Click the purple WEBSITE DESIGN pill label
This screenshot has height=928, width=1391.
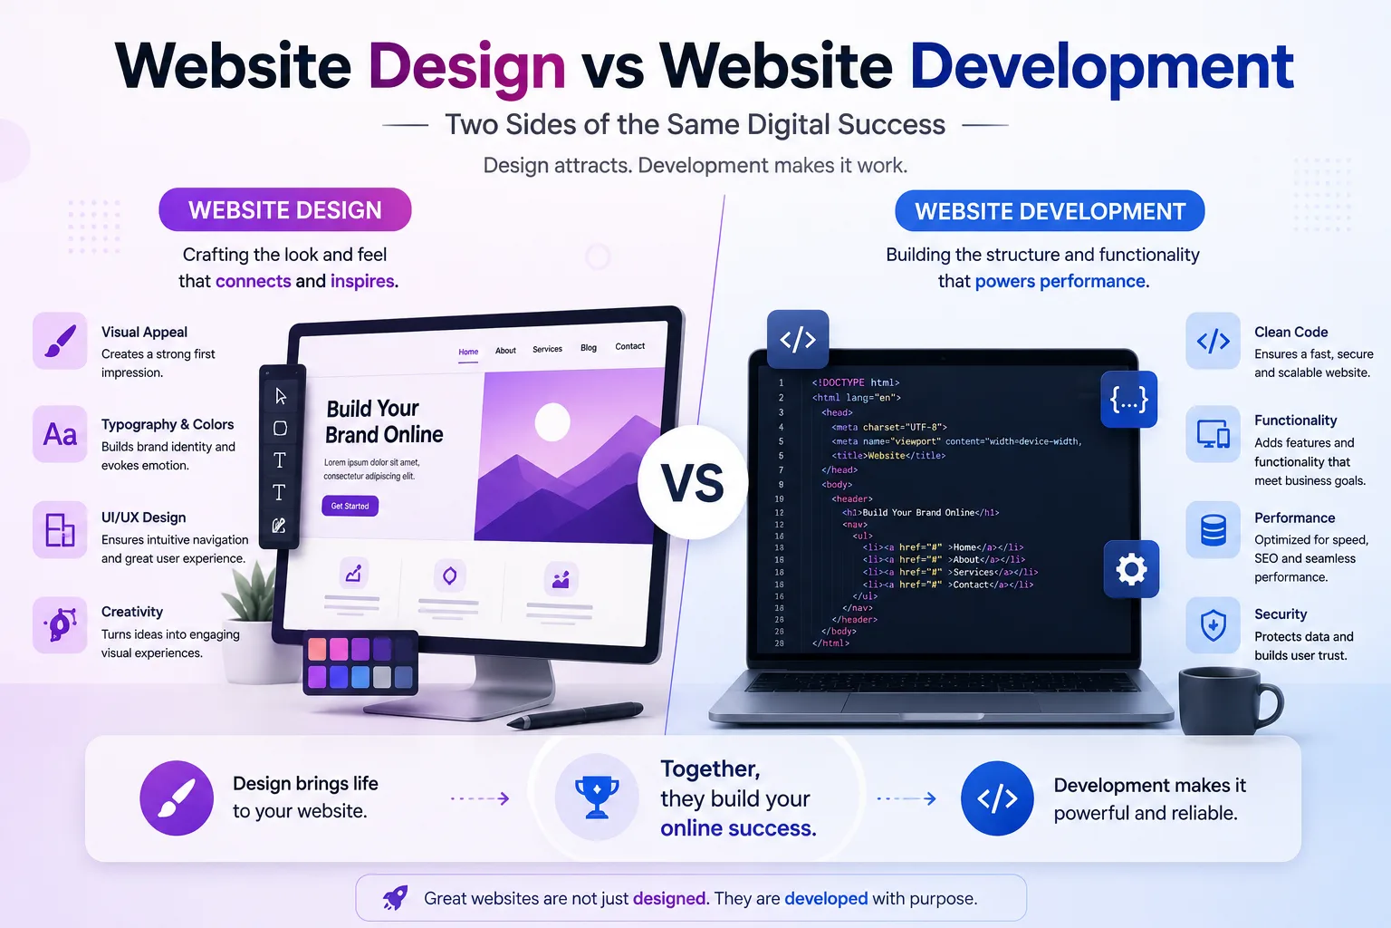(285, 210)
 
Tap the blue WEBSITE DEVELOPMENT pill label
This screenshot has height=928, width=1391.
(1050, 211)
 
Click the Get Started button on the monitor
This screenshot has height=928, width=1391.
(350, 506)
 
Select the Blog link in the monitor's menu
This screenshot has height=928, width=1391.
(588, 347)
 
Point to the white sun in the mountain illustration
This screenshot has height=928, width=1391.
(552, 421)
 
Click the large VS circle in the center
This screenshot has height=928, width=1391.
(693, 482)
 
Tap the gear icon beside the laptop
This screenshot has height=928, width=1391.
(1131, 569)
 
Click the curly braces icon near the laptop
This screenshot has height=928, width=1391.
(1128, 399)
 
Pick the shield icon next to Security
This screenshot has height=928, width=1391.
(1213, 625)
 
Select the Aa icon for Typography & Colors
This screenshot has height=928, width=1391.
(61, 434)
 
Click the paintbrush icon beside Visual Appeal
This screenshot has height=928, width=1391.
(61, 341)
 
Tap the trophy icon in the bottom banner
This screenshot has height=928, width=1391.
(597, 797)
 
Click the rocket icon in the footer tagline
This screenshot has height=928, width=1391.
(395, 897)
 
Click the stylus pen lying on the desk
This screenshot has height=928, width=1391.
(575, 715)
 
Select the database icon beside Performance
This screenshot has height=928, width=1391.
(1213, 530)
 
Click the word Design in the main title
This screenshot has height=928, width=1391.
(467, 67)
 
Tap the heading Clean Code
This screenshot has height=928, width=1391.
(1291, 332)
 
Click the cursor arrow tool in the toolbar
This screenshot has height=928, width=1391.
(281, 396)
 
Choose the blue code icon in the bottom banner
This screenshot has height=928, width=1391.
(997, 798)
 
